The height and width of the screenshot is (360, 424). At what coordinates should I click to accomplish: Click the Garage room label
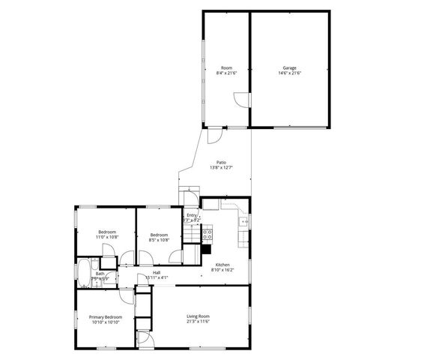(289, 67)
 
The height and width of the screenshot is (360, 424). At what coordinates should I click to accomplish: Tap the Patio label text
(222, 162)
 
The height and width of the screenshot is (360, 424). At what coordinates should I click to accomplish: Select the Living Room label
(198, 316)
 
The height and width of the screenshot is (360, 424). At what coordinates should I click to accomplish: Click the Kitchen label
(222, 265)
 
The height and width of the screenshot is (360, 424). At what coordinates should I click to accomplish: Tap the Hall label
(157, 272)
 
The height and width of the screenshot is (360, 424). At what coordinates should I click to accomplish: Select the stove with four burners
(208, 234)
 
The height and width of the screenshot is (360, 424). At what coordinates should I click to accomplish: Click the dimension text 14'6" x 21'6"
(289, 73)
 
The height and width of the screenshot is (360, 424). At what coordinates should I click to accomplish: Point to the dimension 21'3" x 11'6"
(198, 322)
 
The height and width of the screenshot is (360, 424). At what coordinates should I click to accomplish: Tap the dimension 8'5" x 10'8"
(160, 240)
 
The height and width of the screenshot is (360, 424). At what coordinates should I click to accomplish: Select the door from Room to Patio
(214, 135)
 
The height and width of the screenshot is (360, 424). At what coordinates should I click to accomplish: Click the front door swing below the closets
(145, 339)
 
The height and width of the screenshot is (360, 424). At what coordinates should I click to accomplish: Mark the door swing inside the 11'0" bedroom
(128, 256)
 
